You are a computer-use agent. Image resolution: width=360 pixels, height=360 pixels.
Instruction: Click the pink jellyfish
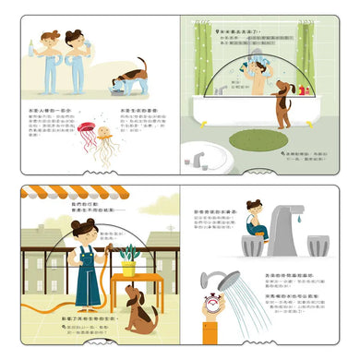85,128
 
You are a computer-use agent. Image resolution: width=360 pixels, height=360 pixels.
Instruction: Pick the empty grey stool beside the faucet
318,246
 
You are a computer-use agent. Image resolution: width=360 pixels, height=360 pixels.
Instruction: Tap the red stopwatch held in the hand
211,302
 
